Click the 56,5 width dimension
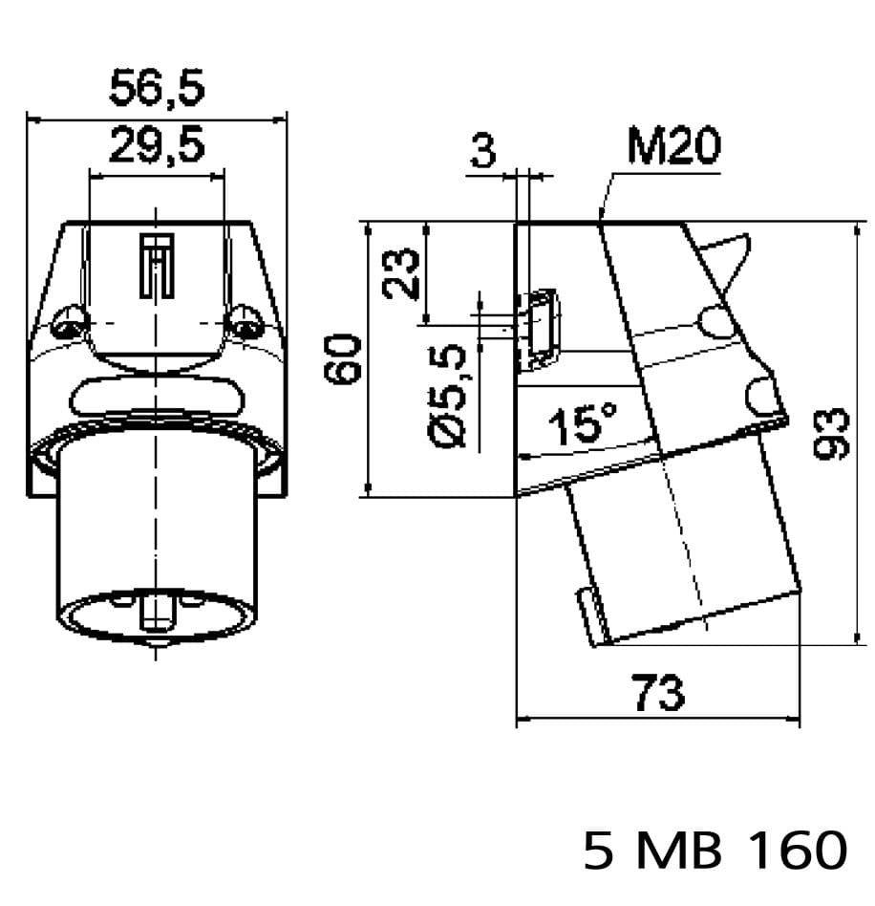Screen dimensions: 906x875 tap(157, 89)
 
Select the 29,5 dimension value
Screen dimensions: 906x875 tap(157, 146)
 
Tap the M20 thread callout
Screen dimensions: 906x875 tap(673, 148)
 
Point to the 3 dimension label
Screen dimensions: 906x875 tap(485, 151)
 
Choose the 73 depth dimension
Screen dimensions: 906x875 tap(659, 693)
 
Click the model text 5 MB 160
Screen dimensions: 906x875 tap(715, 850)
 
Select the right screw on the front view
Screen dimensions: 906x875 tap(245, 323)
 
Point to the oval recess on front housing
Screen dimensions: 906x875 tap(156, 396)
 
